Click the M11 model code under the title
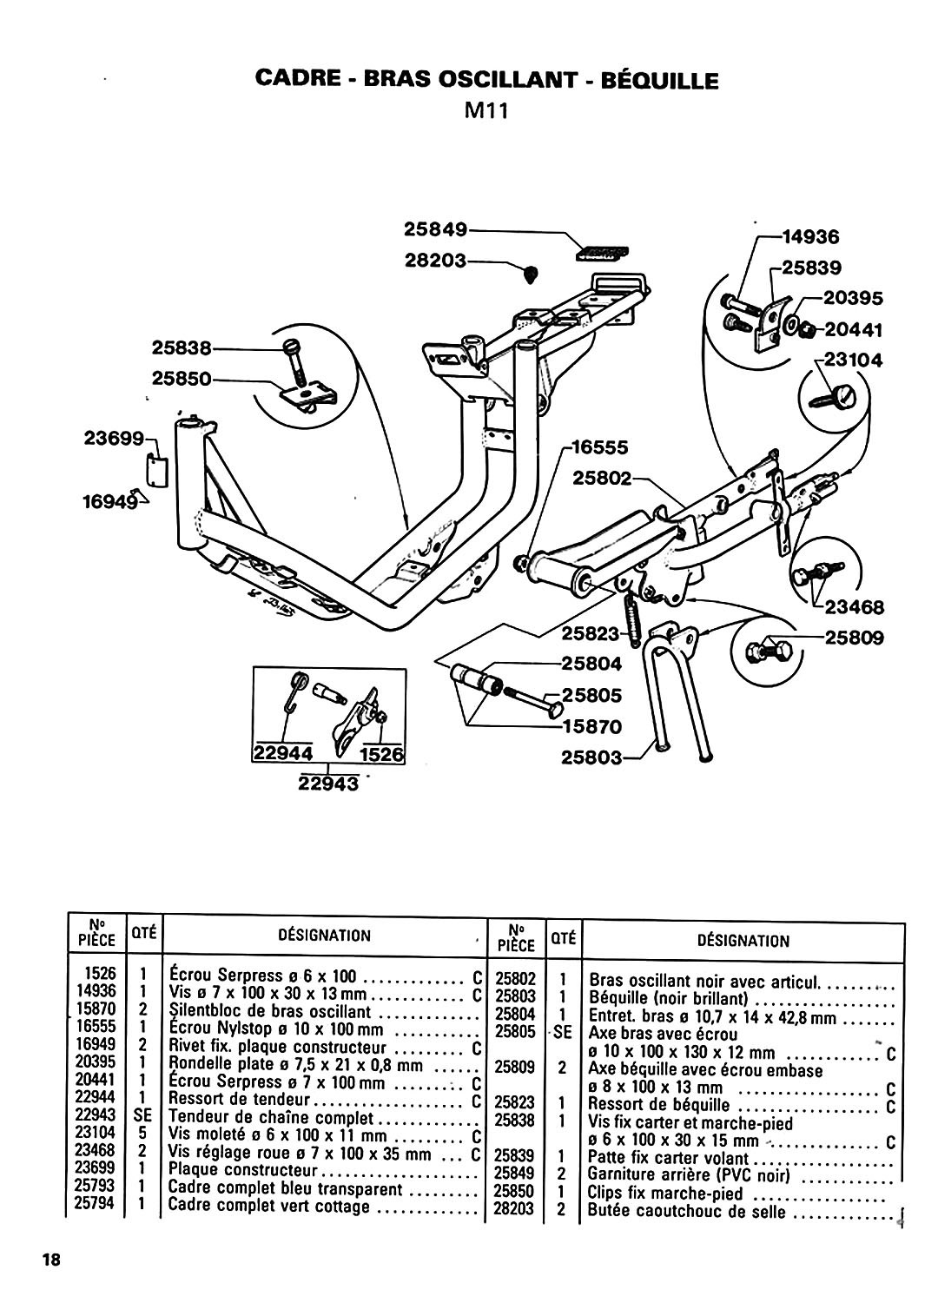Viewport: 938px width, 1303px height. pos(486,110)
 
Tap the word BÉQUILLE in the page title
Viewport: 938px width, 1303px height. pos(659,80)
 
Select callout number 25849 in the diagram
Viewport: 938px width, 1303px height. pos(436,230)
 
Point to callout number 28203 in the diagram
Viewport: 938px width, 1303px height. pos(436,261)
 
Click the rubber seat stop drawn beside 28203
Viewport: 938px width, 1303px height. pos(531,274)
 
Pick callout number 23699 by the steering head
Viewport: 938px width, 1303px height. pos(114,438)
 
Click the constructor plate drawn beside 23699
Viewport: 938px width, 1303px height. pos(156,470)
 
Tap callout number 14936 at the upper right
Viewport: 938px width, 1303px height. pos(811,237)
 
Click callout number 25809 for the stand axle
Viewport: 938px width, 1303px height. pos(855,638)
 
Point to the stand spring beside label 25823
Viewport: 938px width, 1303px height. pos(631,617)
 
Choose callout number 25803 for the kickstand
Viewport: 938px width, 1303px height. pos(591,758)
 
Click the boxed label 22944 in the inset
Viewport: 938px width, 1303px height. pos(283,754)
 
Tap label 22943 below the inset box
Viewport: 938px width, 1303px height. pos(328,783)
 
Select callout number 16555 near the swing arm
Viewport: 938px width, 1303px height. pos(599,447)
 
